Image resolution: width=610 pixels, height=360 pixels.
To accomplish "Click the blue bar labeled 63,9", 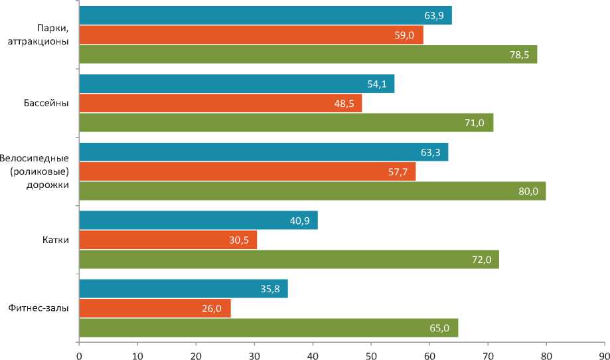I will tap(266, 15).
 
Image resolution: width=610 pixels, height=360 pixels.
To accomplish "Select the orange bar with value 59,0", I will tap(251, 35).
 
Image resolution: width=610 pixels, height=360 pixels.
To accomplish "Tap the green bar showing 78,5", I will tap(308, 54).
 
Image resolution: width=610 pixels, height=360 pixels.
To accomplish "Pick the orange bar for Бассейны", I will tap(220, 103).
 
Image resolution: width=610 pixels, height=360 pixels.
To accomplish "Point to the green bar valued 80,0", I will tap(312, 191).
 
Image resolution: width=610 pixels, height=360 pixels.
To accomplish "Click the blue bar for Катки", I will tap(198, 220).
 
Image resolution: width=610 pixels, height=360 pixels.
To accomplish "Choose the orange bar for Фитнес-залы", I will tap(155, 308).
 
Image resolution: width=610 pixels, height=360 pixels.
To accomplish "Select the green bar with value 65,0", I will tap(268, 328).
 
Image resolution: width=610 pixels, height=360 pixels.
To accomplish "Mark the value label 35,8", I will tap(271, 289).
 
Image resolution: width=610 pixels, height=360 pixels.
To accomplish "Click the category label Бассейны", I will tap(46, 103).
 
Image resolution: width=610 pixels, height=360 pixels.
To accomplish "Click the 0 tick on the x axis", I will tap(79, 353).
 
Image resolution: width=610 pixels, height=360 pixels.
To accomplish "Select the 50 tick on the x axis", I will tap(371, 353).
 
